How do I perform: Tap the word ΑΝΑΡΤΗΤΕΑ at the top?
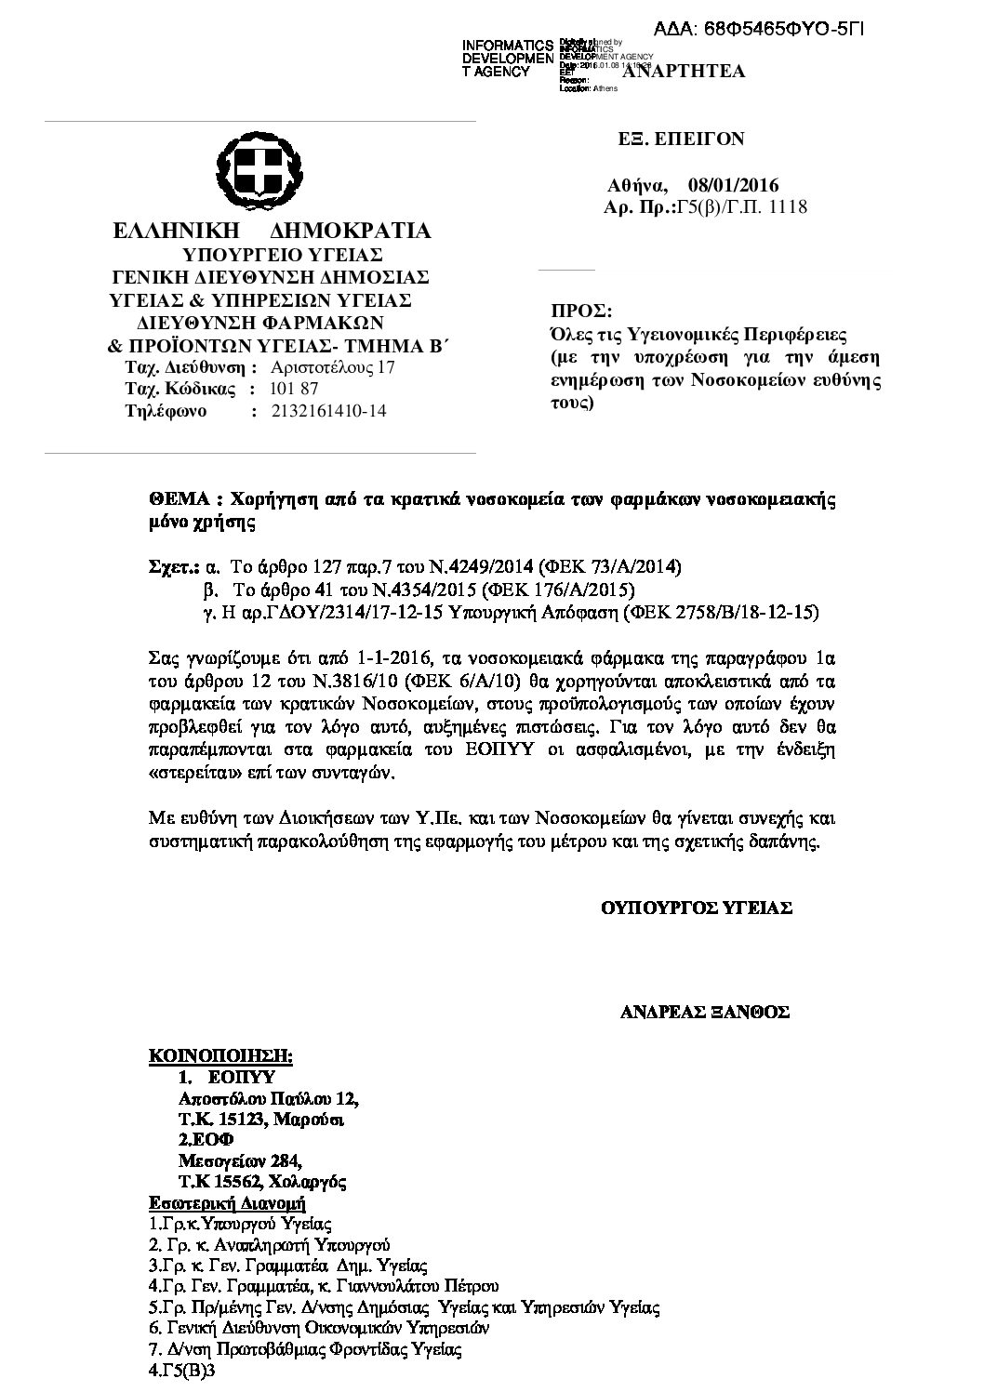[x=684, y=71]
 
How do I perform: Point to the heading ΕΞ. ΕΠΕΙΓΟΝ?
[x=682, y=139]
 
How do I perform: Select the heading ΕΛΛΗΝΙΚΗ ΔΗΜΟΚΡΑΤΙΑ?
[x=272, y=231]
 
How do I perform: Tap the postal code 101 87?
[x=293, y=389]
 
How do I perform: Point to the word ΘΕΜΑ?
[x=172, y=499]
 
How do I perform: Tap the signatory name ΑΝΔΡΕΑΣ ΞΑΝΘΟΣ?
[x=704, y=1013]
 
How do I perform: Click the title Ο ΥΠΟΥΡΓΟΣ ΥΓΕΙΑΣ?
[x=697, y=908]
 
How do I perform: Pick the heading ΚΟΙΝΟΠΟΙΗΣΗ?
[x=221, y=1056]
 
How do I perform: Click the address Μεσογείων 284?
[x=240, y=1160]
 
